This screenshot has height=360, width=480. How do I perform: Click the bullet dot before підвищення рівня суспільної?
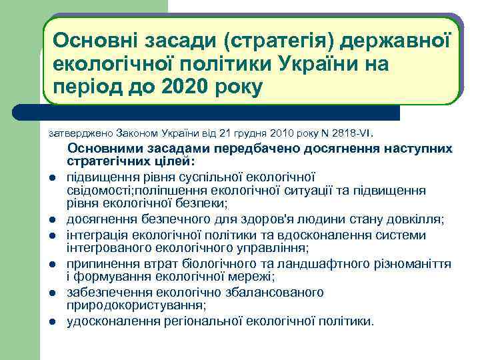51,178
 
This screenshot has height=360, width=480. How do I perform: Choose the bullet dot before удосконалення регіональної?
51,322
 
